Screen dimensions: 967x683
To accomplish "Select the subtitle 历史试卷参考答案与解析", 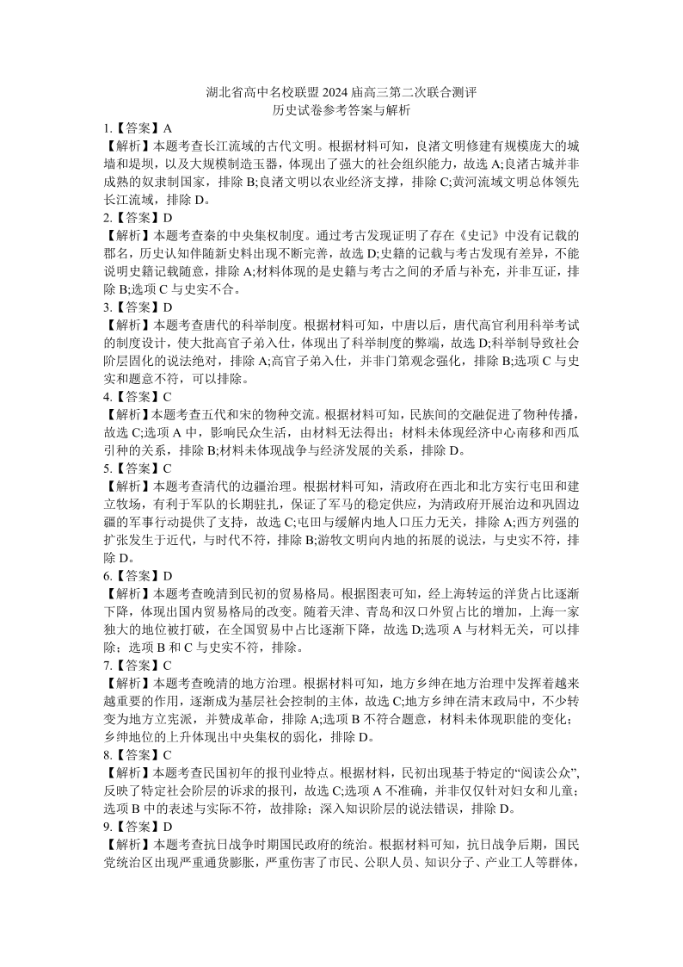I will coord(341,111).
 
